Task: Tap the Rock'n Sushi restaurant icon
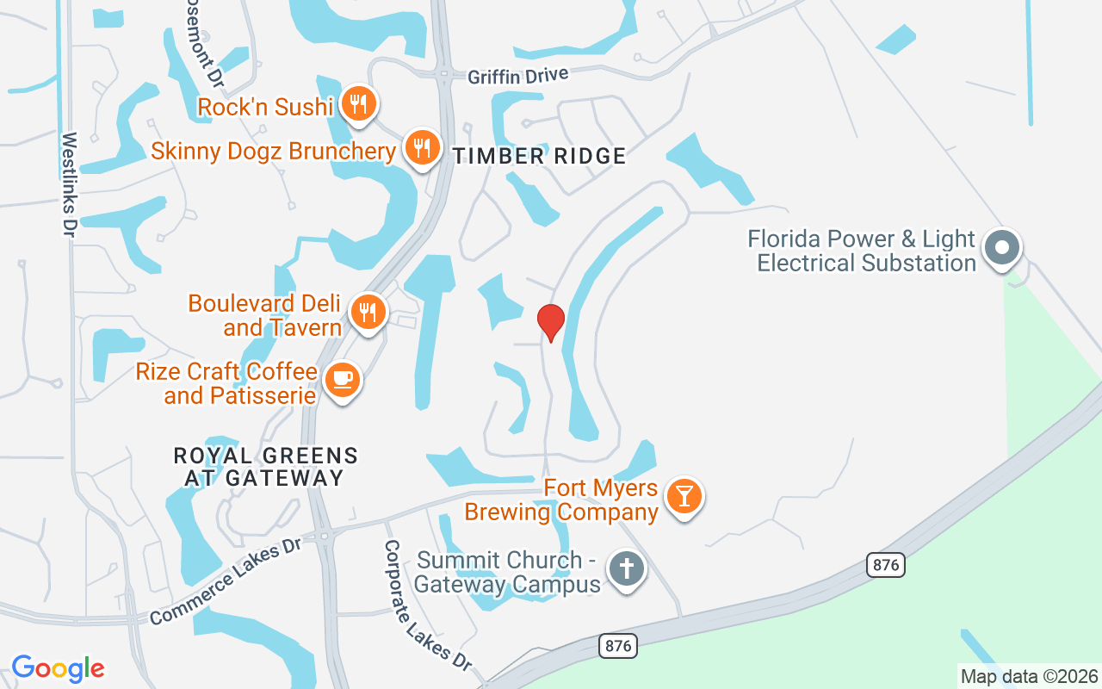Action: (x=356, y=104)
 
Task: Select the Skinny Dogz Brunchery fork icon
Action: (x=421, y=148)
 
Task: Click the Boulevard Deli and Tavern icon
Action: (x=368, y=312)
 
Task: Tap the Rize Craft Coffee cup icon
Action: (x=342, y=380)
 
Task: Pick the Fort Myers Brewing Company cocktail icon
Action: (x=684, y=497)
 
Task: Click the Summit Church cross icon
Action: (x=628, y=569)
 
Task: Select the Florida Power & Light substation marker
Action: (x=1001, y=248)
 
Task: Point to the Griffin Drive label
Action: (x=518, y=76)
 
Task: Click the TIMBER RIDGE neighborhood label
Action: (x=540, y=156)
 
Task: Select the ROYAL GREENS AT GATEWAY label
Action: (x=265, y=466)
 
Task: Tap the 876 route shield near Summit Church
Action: (x=618, y=645)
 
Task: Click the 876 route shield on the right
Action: (x=886, y=565)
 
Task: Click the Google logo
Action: (x=59, y=668)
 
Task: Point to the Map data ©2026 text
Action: (x=1029, y=676)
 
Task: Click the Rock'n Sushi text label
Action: (x=265, y=107)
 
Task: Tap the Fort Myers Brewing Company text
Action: (x=561, y=500)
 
